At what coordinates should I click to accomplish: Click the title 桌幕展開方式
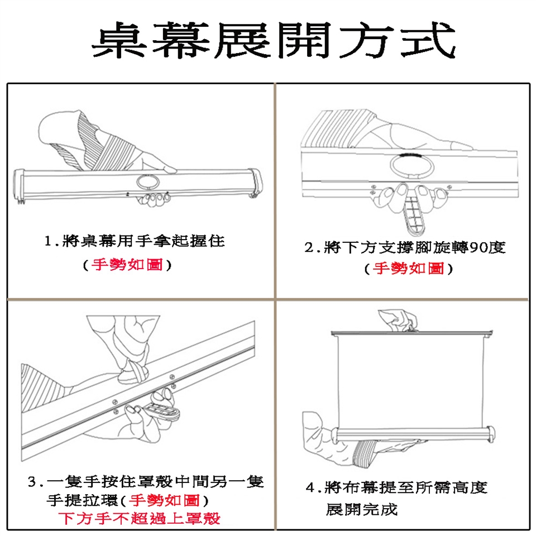coord(274,40)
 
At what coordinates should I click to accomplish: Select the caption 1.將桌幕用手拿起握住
coord(135,241)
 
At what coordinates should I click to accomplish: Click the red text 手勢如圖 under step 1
coord(127,265)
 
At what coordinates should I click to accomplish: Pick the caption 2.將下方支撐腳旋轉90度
coord(405,247)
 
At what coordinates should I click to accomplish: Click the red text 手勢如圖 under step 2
coord(408,269)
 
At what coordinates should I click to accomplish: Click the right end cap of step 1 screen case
coord(256,183)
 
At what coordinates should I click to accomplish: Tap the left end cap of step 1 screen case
coord(19,186)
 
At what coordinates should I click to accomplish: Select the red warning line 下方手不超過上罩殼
coord(139,519)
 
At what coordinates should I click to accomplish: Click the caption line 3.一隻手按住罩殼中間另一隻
coord(146,481)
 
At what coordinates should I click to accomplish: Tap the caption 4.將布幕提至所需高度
coord(396,487)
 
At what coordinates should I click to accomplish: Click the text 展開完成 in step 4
coord(362,509)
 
